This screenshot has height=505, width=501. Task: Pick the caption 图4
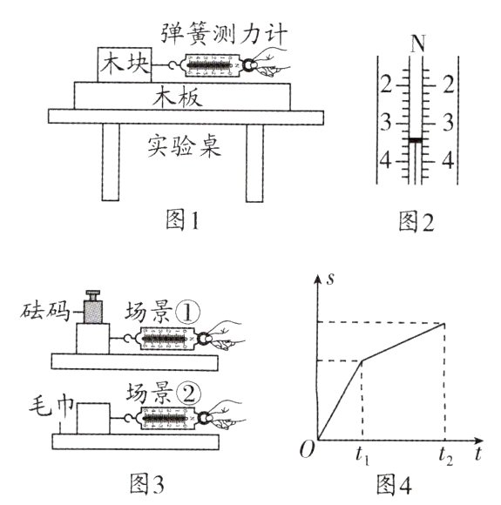(x=394, y=482)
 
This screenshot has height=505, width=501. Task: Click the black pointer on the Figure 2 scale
(x=416, y=139)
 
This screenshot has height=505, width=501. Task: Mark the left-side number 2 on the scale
(x=386, y=84)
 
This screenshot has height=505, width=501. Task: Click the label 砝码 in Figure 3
(x=38, y=311)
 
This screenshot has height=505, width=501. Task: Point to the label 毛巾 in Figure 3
(x=38, y=406)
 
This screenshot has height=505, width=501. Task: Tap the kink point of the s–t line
(x=362, y=360)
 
